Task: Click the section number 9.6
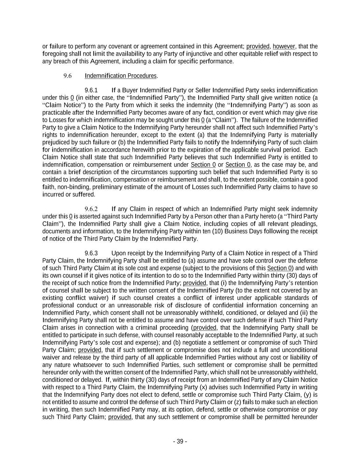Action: pos(67,76)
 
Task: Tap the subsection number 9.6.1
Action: pos(91,90)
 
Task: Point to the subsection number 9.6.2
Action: pos(91,209)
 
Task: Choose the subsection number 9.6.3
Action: pos(91,253)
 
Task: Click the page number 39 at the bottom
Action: pos(180,441)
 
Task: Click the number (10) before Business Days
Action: pos(218,231)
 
